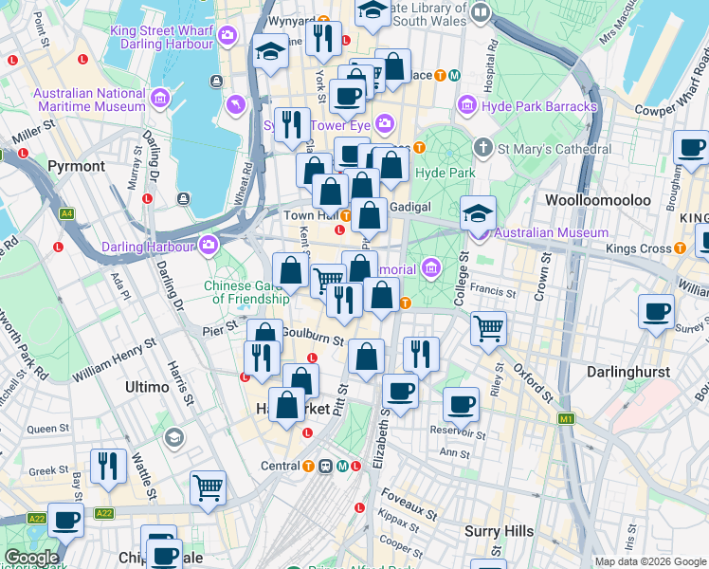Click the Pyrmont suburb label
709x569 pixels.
(77, 166)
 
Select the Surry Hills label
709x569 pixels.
(499, 531)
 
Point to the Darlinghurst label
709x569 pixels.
(628, 372)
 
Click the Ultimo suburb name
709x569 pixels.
(147, 387)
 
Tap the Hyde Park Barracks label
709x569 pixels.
(539, 106)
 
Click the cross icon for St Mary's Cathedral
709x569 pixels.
(483, 148)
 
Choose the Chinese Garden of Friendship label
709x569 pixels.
(247, 292)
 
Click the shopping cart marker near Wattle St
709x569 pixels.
(208, 487)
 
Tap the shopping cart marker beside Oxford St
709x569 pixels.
(488, 328)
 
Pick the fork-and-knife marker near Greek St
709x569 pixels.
(108, 466)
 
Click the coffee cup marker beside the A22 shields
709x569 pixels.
(65, 520)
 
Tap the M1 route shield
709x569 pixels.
(567, 418)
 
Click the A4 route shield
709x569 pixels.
(66, 214)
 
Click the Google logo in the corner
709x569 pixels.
(31, 558)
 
